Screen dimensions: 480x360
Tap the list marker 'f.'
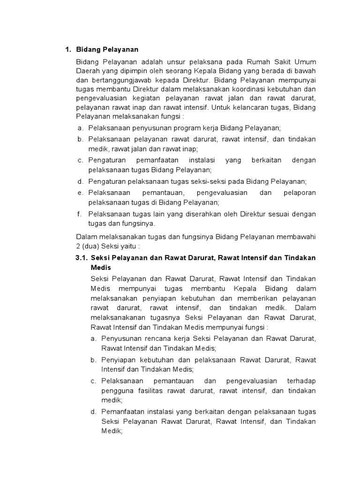point(80,214)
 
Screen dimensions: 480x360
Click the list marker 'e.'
point(80,193)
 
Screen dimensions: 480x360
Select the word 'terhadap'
point(301,381)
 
